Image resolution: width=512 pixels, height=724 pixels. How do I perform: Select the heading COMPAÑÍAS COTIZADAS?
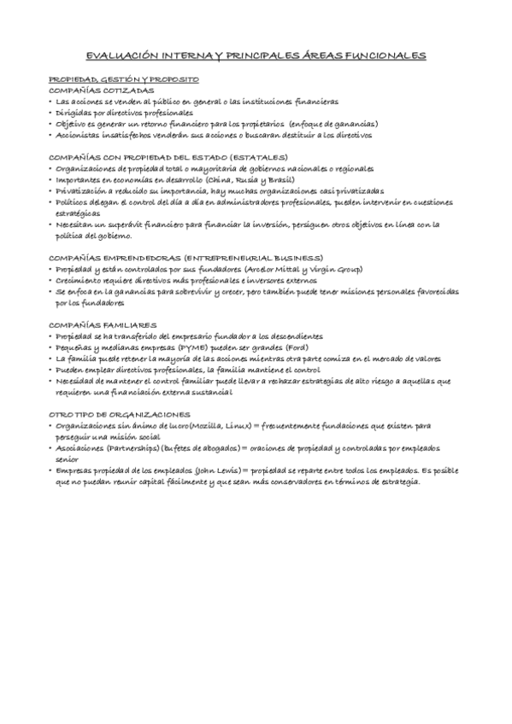[103, 90]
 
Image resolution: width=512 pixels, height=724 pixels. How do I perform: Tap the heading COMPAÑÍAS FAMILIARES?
[103, 325]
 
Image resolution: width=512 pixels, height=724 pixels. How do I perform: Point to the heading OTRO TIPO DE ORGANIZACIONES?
[119, 413]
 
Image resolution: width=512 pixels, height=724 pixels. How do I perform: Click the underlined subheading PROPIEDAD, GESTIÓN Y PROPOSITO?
[124, 79]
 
